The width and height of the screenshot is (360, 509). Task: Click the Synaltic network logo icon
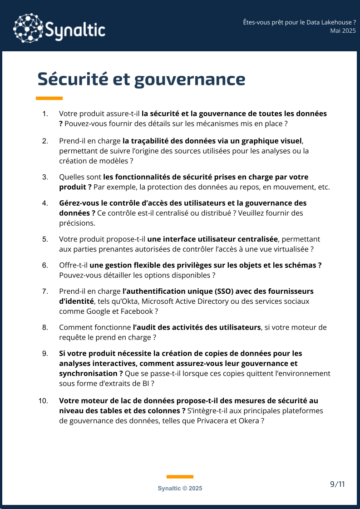[x=28, y=29]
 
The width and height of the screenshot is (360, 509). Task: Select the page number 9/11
[x=337, y=484]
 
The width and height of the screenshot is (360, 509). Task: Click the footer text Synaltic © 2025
[x=180, y=488]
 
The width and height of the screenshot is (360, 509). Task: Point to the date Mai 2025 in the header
[x=343, y=30]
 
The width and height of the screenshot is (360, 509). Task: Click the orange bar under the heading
[x=49, y=98]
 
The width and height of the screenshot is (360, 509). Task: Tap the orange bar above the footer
[x=180, y=476]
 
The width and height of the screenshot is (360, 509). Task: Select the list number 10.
[x=44, y=401]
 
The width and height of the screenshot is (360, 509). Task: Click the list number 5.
[x=45, y=239]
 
